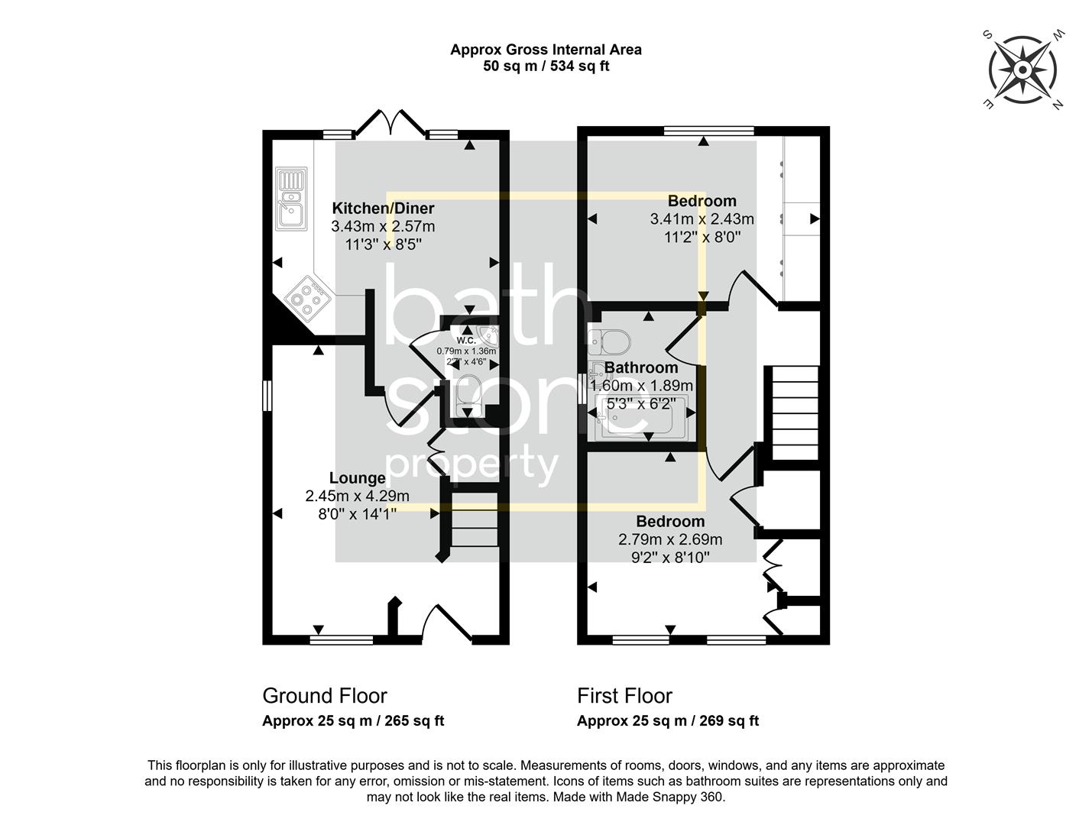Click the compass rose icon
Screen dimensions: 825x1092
point(1022,70)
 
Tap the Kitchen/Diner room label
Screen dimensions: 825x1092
point(383,209)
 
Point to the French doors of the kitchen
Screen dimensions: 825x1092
point(391,122)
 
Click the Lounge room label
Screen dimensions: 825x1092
point(357,478)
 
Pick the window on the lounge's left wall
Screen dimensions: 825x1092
point(267,396)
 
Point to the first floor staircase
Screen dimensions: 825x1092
point(795,412)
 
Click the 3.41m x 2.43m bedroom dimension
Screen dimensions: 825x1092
point(702,219)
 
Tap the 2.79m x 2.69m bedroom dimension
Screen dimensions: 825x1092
point(670,539)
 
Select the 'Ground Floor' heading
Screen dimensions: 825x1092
point(325,696)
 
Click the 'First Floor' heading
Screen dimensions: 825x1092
point(624,696)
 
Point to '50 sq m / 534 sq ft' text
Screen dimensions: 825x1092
point(546,66)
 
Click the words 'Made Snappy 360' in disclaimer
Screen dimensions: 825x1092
point(676,797)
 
